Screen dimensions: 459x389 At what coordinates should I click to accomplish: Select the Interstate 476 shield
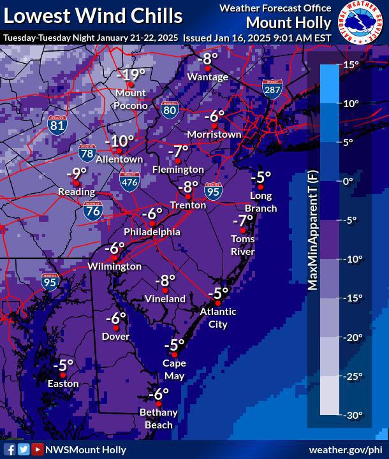129,182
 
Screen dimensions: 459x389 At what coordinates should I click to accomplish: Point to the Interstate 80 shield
169,110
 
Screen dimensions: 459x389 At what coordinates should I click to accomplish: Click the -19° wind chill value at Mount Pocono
131,74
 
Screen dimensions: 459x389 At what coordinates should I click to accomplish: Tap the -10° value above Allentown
119,142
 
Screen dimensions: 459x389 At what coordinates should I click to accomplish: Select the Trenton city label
188,205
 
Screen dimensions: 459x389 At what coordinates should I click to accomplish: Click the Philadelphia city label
152,232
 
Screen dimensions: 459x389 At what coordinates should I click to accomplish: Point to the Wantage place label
208,77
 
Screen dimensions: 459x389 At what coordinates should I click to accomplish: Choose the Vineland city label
165,298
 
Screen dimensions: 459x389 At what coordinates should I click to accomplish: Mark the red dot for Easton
63,374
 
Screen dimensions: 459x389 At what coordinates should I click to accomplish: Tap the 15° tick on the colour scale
351,64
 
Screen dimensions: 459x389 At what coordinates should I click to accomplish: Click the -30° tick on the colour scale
351,415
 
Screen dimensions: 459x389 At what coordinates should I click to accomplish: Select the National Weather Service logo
361,23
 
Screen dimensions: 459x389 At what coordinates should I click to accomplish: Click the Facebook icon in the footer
10,449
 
